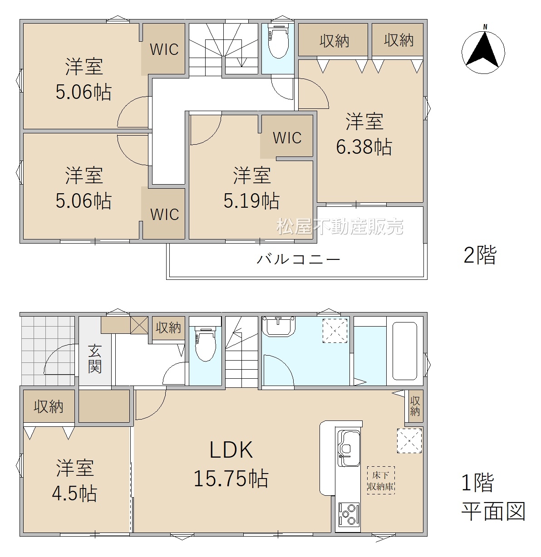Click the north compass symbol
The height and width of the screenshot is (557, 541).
point(483,49)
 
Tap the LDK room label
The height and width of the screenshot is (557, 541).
point(231,450)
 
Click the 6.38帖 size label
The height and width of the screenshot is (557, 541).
point(364,147)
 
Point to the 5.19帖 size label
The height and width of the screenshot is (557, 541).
point(251,200)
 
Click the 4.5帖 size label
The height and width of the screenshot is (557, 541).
point(75,493)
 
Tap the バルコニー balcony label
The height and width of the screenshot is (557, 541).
point(299,259)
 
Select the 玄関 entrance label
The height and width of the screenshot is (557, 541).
point(95,359)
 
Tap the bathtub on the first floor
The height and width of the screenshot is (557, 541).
point(404,351)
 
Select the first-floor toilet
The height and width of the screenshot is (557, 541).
point(205,343)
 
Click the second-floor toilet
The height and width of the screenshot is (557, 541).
point(278,41)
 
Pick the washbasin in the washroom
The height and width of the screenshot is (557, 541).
point(279,326)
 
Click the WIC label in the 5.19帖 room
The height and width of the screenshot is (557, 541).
point(287,138)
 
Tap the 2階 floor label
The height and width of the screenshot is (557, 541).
point(480,255)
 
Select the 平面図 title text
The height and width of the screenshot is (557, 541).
point(493,511)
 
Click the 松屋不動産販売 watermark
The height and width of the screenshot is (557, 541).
point(340,226)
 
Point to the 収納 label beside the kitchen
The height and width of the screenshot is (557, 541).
point(415,406)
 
